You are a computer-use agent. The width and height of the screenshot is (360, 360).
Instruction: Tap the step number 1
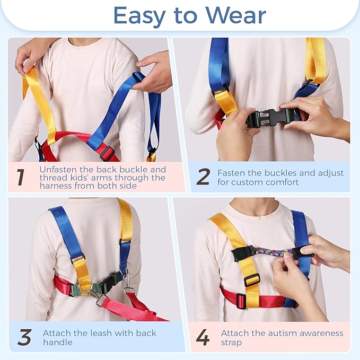(20, 177)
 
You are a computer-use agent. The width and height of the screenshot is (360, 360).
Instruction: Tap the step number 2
(203, 177)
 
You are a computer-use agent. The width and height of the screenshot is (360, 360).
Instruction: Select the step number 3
(24, 337)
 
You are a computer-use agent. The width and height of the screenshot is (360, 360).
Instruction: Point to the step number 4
(203, 337)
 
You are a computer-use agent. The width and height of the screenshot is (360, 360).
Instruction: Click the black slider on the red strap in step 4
(241, 301)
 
